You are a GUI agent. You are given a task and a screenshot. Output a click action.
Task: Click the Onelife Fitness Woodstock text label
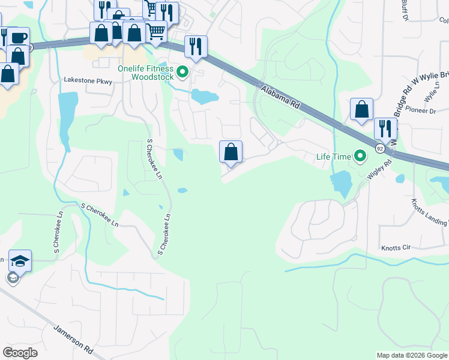pyautogui.click(x=145, y=73)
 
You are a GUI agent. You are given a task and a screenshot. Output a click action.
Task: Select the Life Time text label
pyautogui.click(x=333, y=157)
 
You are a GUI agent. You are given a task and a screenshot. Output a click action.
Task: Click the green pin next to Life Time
pyautogui.click(x=360, y=157)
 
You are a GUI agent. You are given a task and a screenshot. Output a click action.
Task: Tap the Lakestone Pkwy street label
pyautogui.click(x=88, y=80)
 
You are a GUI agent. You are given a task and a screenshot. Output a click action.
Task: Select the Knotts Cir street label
pyautogui.click(x=396, y=247)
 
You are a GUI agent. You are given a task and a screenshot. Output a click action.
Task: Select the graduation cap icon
pyautogui.click(x=20, y=260)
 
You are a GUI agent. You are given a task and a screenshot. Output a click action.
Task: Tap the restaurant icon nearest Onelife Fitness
pyautogui.click(x=196, y=46)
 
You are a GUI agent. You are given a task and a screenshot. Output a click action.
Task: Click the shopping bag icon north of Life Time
pyautogui.click(x=361, y=110)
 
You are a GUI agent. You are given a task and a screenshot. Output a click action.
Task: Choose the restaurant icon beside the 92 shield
pyautogui.click(x=385, y=128)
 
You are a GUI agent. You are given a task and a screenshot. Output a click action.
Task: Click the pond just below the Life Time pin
pyautogui.click(x=340, y=182)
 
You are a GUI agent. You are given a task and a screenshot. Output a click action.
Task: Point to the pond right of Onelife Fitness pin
pyautogui.click(x=204, y=96)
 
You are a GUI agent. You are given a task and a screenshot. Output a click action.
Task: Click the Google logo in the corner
pyautogui.click(x=20, y=352)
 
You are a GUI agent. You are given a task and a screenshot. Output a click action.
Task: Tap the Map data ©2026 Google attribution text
pyautogui.click(x=412, y=355)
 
